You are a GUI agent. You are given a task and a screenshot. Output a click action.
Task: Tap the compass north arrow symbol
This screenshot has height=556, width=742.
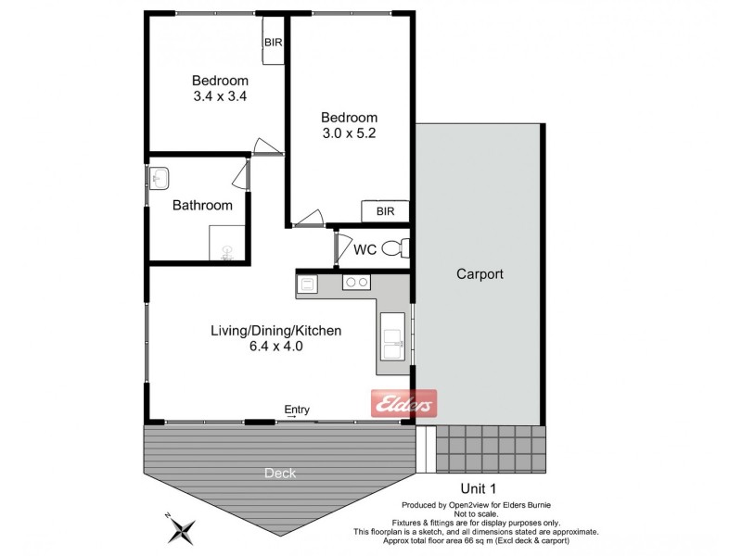[181, 530]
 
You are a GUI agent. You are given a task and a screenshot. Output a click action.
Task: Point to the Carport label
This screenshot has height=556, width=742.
[480, 274]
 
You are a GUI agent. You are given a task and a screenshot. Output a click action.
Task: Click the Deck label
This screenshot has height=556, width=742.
[279, 474]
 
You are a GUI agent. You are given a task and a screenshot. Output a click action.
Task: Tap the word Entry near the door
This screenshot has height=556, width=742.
[297, 411]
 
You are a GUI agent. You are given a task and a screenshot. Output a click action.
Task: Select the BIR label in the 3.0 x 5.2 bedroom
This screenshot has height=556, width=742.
[385, 212]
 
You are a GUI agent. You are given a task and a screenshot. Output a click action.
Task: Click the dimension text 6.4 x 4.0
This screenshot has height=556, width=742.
[276, 347]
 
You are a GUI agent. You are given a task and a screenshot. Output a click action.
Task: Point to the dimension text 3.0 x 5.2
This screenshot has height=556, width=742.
[349, 133]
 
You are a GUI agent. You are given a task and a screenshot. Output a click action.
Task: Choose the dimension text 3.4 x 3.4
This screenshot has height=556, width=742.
[219, 95]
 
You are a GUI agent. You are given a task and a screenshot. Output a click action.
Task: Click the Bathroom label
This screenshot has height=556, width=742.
[202, 206]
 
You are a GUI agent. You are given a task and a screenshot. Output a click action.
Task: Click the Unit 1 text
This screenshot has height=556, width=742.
[480, 487]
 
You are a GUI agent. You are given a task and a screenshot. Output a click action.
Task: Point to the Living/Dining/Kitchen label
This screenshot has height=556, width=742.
[276, 331]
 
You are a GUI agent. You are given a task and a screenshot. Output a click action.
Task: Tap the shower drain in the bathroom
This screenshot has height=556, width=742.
[225, 247]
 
